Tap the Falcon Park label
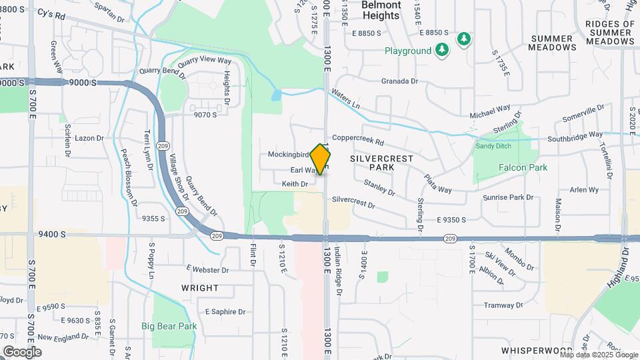click(523, 167)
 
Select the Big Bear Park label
click(169, 326)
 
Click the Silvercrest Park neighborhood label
click(381, 163)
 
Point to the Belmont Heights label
click(382, 9)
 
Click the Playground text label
click(408, 51)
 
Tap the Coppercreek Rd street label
click(358, 141)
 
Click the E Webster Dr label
click(207, 270)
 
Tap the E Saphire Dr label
click(225, 311)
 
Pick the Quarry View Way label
click(204, 60)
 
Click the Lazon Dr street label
click(89, 138)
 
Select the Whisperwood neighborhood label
click(537, 350)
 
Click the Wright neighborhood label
click(200, 288)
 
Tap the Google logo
click(22, 351)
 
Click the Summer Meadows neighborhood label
click(552, 43)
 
